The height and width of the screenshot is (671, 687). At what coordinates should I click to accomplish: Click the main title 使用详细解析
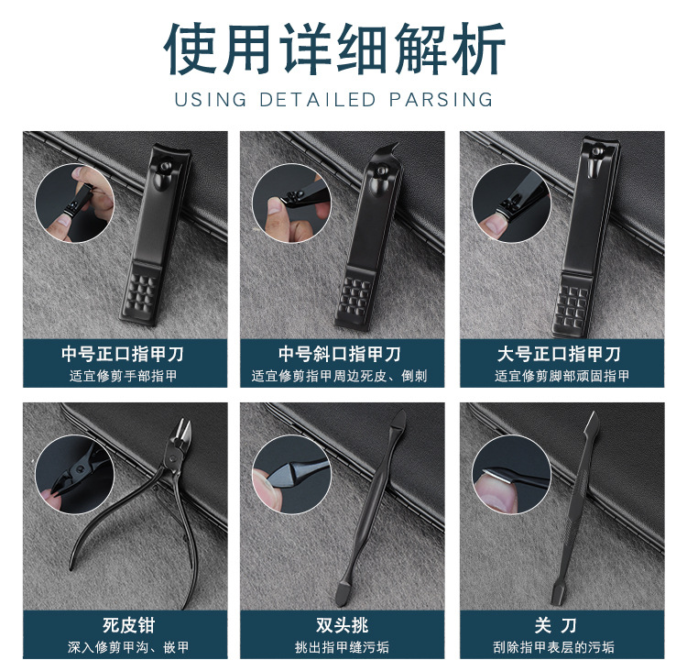343,47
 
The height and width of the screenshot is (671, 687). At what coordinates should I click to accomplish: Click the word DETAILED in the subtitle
310,99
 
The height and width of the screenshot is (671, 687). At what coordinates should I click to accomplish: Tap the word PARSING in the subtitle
440,99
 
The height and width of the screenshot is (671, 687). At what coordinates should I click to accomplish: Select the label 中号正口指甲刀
125,354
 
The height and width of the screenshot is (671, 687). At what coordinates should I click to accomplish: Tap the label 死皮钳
125,626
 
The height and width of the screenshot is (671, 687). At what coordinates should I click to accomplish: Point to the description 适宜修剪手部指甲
125,376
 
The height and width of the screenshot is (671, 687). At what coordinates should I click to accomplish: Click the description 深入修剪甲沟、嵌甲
125,647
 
